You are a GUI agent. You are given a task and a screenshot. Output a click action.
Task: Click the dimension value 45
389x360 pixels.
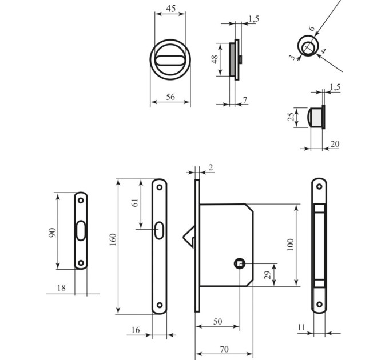click(x=170, y=9)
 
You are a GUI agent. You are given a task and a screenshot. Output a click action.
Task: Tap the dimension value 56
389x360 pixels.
click(x=170, y=97)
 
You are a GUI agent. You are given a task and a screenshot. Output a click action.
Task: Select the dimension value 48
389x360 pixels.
click(x=215, y=59)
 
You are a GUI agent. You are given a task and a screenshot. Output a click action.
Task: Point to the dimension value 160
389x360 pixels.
click(x=113, y=239)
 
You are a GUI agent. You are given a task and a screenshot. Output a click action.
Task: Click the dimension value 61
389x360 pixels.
click(x=135, y=203)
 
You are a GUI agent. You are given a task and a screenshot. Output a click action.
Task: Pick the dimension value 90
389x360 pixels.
click(x=52, y=233)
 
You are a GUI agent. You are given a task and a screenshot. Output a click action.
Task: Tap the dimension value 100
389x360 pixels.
click(x=290, y=245)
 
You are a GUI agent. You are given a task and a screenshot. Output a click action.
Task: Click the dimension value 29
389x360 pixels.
click(x=268, y=275)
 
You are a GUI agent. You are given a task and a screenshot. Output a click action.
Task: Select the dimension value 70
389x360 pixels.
click(x=224, y=349)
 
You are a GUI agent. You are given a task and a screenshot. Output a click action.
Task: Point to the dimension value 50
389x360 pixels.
click(x=217, y=322)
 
